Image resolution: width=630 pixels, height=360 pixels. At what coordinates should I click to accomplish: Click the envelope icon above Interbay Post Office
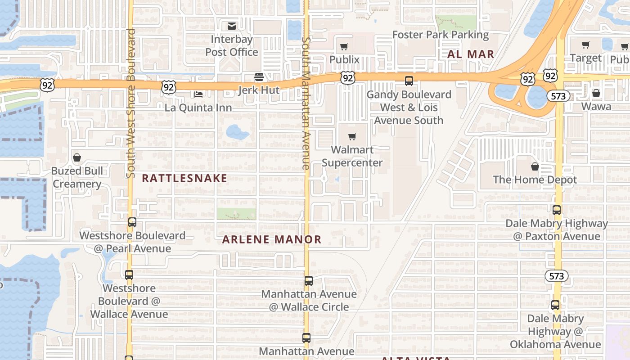pos(232,26)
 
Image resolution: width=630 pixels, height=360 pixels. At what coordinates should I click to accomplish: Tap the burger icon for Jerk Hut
pos(259,77)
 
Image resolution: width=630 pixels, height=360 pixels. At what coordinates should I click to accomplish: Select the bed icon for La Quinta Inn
pos(198,94)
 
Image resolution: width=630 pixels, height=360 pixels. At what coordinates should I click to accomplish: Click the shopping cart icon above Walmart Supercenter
pos(352,136)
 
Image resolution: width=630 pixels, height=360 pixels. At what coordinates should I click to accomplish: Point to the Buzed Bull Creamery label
pos(77,177)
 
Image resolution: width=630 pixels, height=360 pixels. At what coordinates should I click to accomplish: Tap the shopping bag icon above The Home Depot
pos(535,166)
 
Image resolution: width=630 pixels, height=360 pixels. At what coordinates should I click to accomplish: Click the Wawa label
pos(596,106)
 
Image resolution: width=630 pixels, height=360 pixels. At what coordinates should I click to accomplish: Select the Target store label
pos(585,58)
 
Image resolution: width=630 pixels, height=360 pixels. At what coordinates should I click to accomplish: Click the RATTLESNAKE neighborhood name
pos(184,178)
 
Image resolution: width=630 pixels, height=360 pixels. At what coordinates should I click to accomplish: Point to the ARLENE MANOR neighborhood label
pos(272,239)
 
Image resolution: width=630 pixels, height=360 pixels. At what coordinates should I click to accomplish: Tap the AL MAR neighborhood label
pos(471,54)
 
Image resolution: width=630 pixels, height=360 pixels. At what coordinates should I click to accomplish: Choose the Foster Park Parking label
pos(440,35)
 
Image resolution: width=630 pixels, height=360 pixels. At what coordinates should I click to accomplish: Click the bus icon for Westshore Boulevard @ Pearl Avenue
pos(132,222)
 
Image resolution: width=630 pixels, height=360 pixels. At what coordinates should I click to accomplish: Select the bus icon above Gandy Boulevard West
pos(409,81)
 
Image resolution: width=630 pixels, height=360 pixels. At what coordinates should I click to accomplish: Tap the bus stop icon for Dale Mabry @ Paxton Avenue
pos(557,210)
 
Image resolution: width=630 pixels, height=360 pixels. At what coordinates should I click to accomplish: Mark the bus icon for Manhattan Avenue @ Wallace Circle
pos(308,281)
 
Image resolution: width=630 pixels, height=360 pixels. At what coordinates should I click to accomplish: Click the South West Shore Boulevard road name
pos(131,103)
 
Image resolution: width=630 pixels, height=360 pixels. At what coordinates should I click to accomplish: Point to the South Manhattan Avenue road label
pos(306,103)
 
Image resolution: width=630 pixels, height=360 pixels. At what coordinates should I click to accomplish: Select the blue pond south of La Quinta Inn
pos(237,132)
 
